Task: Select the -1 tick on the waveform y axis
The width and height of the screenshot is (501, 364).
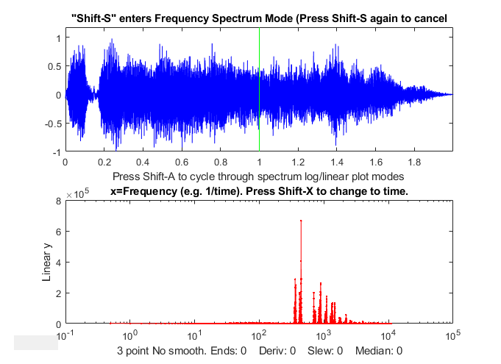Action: [57, 152]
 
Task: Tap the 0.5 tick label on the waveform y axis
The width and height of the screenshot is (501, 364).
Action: [54, 66]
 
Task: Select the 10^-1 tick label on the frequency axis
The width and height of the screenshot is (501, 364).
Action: [66, 335]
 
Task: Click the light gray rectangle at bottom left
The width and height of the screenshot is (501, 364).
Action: [36, 342]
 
